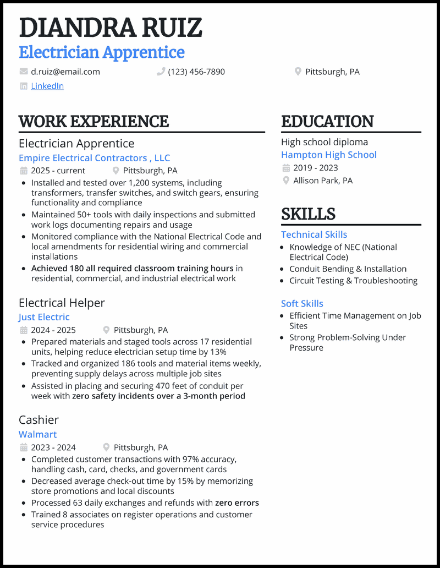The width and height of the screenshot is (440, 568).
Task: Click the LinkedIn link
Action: pyautogui.click(x=47, y=86)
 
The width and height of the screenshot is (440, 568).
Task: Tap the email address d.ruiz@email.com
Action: pyautogui.click(x=65, y=72)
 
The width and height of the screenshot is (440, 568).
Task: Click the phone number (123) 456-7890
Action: pyautogui.click(x=196, y=72)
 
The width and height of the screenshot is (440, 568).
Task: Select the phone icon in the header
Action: pyautogui.click(x=161, y=72)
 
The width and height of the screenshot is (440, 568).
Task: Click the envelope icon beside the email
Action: pyautogui.click(x=24, y=72)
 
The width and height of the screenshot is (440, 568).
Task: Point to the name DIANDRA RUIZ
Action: pyautogui.click(x=111, y=28)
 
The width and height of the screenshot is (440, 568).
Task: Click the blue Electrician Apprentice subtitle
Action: pyautogui.click(x=102, y=52)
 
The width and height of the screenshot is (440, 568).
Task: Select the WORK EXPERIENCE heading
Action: pyautogui.click(x=94, y=121)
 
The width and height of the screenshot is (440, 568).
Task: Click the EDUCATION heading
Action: pyautogui.click(x=327, y=121)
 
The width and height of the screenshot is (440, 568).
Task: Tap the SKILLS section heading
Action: pyautogui.click(x=308, y=214)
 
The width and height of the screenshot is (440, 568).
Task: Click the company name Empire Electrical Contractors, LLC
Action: pyautogui.click(x=94, y=158)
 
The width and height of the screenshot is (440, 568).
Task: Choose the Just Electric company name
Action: pyautogui.click(x=44, y=317)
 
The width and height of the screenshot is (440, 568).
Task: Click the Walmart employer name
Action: pyautogui.click(x=37, y=434)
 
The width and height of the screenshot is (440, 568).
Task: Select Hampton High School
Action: pyautogui.click(x=329, y=155)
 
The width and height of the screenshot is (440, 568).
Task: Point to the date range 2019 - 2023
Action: pyautogui.click(x=316, y=168)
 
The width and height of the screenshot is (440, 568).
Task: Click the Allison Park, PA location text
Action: pyautogui.click(x=323, y=181)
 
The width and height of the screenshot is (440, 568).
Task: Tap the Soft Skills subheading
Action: pyautogui.click(x=302, y=304)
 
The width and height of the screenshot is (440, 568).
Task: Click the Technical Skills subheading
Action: pyautogui.click(x=314, y=234)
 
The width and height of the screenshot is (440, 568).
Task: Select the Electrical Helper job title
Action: pyautogui.click(x=62, y=303)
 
